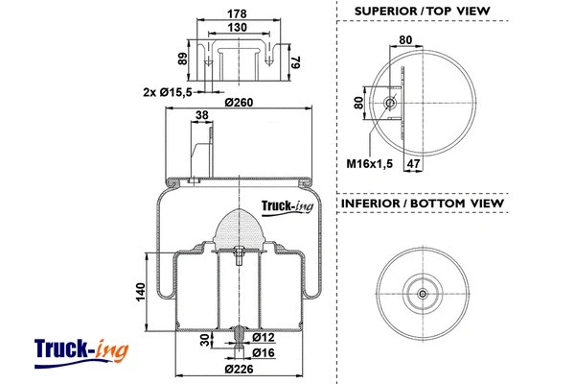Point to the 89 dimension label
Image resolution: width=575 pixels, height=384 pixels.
coord(183,59)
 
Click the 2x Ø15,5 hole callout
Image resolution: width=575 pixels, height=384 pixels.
coord(166,91)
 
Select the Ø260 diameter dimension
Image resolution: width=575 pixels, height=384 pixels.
coord(238,103)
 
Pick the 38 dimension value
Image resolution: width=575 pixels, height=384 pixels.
coord(201,115)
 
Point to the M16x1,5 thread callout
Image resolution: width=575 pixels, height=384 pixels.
coord(370,164)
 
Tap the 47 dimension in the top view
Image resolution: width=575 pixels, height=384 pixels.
coord(415,164)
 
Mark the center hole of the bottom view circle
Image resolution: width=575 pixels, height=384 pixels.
coord(423,293)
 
